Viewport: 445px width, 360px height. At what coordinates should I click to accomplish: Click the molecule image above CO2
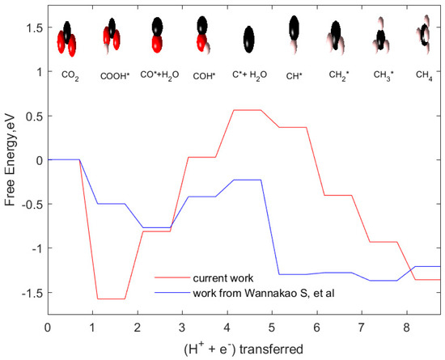click(x=68, y=37)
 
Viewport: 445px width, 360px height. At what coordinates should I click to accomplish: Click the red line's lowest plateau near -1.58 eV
click(x=111, y=299)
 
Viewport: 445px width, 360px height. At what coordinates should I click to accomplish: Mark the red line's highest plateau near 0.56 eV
click(x=248, y=110)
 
